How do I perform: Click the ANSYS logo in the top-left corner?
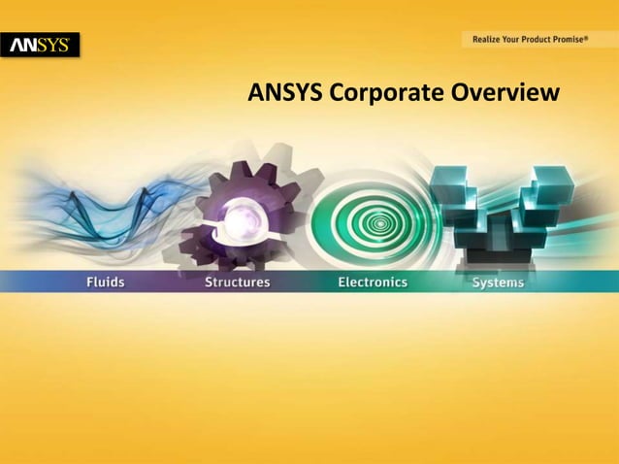(x=41, y=45)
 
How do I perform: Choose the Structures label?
(x=237, y=282)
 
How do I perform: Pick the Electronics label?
(x=373, y=282)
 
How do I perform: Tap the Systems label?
(x=498, y=282)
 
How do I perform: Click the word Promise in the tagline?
(x=562, y=40)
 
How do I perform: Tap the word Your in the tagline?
(x=511, y=40)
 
